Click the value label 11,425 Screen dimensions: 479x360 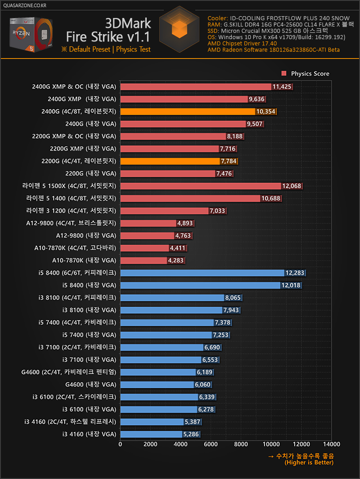pos(282,87)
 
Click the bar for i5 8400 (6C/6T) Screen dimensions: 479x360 pos(202,273)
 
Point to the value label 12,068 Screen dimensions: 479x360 pos(292,186)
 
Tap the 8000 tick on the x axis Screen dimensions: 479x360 pos(241,444)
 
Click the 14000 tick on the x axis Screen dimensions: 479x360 pos(331,444)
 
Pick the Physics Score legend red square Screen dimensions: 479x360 pos(284,73)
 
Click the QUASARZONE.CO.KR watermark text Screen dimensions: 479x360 pos(24,5)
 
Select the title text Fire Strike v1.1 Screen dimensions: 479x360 pos(108,36)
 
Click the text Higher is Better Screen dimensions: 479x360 pos(309,463)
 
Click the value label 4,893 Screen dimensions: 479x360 pos(185,223)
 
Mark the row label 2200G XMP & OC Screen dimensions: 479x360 pos(74,136)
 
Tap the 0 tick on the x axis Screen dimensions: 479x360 pos(120,444)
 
